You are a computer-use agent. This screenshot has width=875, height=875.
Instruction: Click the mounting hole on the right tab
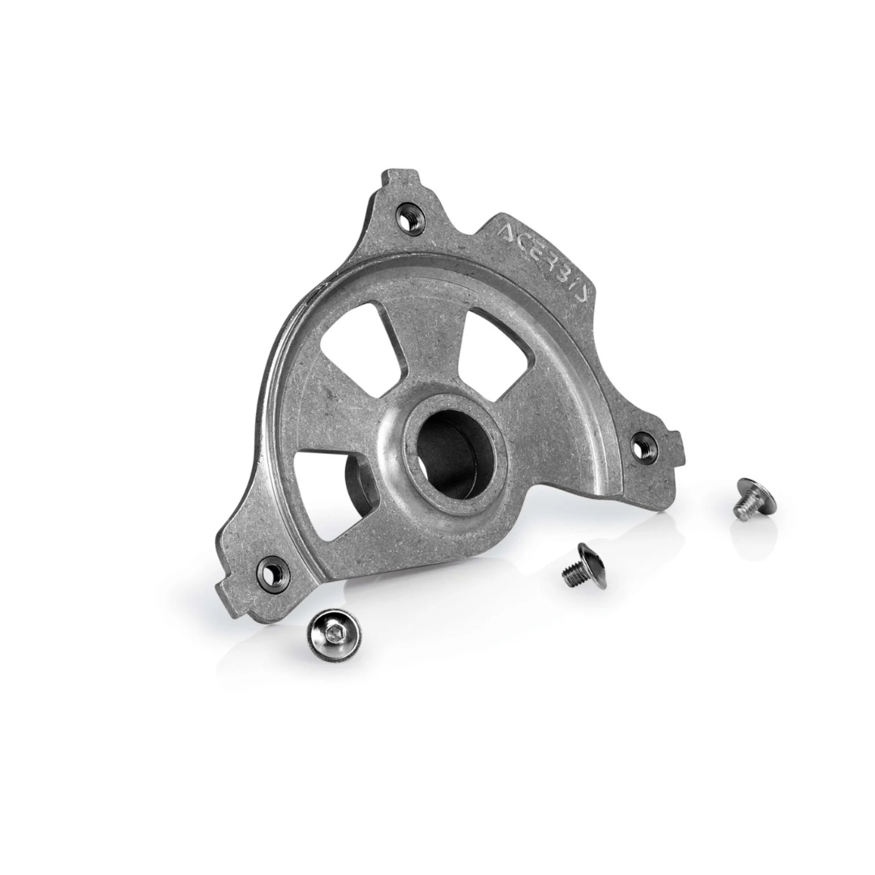pyautogui.click(x=644, y=445)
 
